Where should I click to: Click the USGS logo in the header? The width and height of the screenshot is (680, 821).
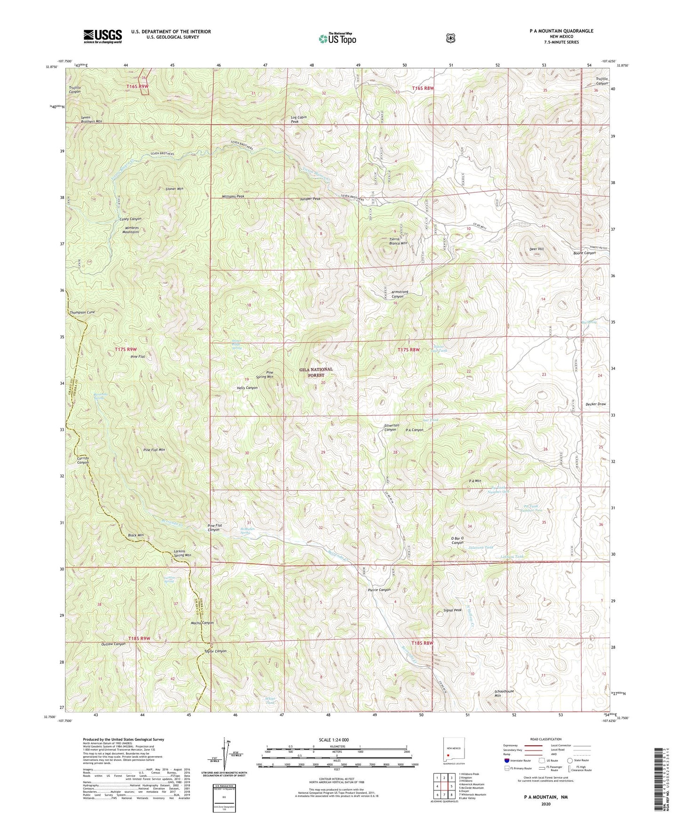103,36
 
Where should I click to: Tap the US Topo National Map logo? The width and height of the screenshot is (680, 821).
337,38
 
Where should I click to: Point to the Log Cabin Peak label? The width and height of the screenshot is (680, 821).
301,119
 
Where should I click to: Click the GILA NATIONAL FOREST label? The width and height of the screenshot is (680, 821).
316,372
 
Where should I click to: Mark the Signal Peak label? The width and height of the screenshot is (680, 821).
453,610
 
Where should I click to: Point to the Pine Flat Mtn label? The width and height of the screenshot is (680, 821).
154,450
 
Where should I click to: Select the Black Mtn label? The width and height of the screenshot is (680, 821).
136,536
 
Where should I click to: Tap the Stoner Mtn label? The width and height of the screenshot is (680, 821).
174,189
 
